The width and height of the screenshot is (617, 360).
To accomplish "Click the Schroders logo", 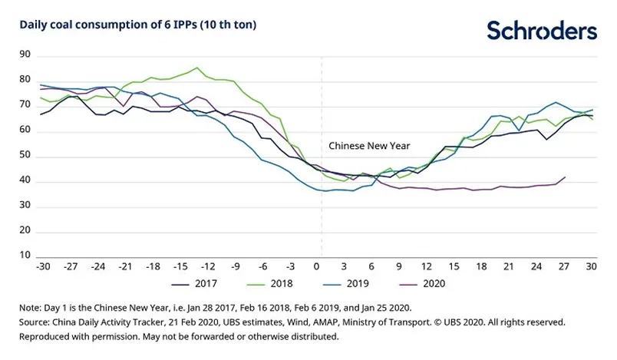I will [x=542, y=31].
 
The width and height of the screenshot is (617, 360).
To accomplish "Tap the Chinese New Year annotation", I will [x=369, y=145].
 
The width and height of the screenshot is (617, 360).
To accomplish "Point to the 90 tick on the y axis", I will [x=25, y=54].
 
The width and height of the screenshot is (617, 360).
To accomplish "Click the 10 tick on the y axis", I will [x=25, y=254].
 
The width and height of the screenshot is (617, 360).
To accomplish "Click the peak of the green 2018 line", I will [x=198, y=68].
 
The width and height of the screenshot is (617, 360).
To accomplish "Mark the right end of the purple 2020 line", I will [x=566, y=177].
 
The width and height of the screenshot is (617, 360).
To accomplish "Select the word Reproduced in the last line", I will [x=47, y=336].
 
